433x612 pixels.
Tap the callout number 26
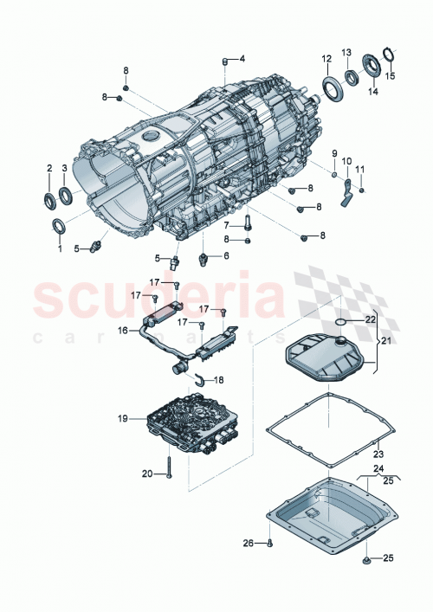[248, 544]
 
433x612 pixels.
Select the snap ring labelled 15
[389, 58]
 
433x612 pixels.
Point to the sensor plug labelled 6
[205, 260]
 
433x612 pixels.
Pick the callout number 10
[346, 161]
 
